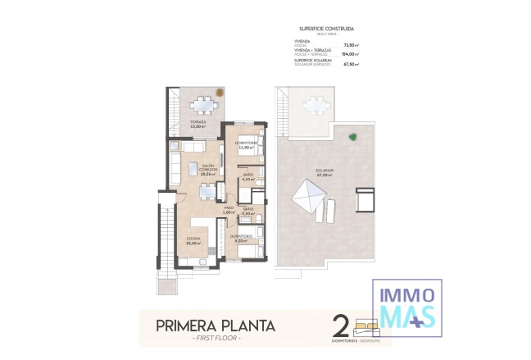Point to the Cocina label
(x=193, y=240)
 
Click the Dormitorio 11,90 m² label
(x=247, y=145)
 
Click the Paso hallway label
(x=229, y=210)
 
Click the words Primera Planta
(x=216, y=326)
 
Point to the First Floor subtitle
(x=216, y=339)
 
